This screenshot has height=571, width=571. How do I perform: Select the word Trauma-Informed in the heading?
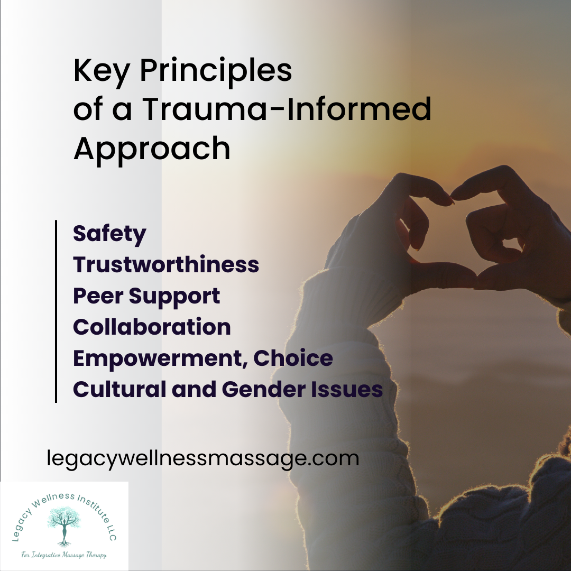(286, 110)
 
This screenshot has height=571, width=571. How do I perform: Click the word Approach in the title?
(152, 149)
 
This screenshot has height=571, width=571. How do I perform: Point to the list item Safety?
(109, 234)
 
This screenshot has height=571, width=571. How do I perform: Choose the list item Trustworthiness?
(166, 264)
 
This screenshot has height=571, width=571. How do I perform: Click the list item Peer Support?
(146, 296)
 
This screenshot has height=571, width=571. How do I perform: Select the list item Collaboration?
(152, 327)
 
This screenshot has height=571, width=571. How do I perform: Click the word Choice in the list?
(293, 358)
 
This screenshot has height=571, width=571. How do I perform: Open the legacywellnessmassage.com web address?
(203, 458)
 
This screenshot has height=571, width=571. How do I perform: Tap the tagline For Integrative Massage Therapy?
(64, 555)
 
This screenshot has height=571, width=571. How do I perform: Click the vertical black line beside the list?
(56, 311)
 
